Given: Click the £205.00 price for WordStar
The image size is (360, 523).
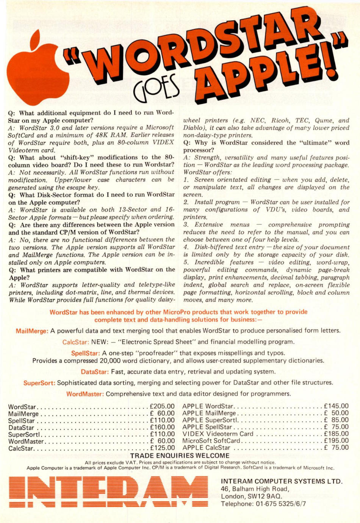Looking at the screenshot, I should (x=163, y=406).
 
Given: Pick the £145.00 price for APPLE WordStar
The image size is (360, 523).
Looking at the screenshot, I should (x=336, y=406).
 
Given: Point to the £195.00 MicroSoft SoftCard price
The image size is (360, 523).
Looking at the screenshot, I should (x=336, y=440).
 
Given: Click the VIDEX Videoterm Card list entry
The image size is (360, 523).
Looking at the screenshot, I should (x=218, y=434).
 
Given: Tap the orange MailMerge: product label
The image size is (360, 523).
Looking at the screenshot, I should (x=32, y=331).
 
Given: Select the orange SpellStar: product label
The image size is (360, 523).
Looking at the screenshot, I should (x=86, y=353).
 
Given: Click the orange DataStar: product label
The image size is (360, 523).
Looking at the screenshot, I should (x=95, y=372).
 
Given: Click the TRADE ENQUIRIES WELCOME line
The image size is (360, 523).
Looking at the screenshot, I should (x=180, y=456).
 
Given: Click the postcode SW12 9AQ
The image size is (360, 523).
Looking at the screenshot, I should (x=265, y=496).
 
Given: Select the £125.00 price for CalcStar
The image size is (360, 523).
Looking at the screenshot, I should (x=163, y=448).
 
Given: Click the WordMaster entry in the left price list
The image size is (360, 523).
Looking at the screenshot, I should (x=26, y=441).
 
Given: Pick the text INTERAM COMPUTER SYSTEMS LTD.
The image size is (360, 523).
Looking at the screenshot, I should (x=282, y=481).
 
